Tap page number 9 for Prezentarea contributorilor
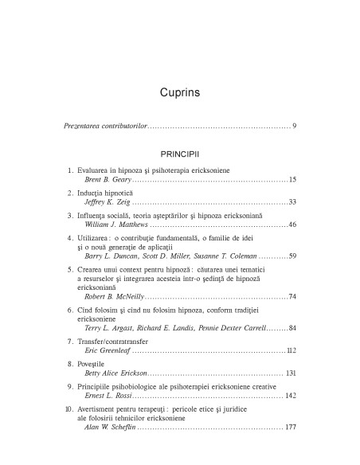click(294, 127)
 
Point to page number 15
click(292, 179)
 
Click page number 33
click(292, 202)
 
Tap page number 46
click(292, 225)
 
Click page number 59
click(292, 256)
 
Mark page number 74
click(292, 296)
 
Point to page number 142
click(290, 396)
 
